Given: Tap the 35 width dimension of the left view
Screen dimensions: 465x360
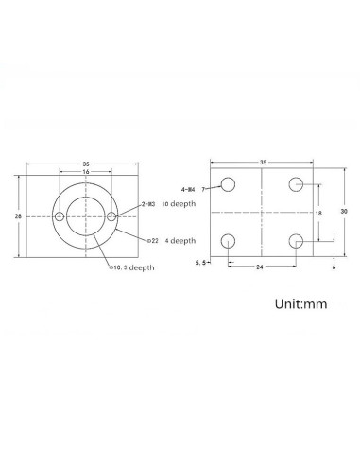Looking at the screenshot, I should [x=86, y=162].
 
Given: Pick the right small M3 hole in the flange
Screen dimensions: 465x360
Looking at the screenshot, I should [x=112, y=217].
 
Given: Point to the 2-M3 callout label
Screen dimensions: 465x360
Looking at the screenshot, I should [x=149, y=203].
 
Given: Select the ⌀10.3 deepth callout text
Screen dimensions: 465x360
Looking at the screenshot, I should [x=133, y=267].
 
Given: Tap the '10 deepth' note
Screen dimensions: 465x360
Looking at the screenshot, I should [x=179, y=203].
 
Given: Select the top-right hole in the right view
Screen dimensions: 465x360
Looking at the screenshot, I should [x=297, y=184].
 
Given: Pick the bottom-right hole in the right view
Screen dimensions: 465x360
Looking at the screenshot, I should [x=297, y=243].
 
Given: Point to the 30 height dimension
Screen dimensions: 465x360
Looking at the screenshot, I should [x=344, y=213].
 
